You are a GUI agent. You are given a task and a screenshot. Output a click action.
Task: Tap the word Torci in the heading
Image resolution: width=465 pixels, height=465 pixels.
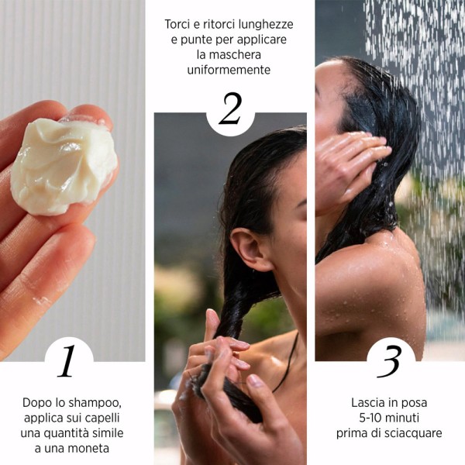pos(179,24)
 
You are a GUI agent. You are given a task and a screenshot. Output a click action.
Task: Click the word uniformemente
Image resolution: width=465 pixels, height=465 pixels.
pos(229,70)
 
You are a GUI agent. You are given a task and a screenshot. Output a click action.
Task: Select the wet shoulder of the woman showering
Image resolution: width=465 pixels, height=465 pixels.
pos(364,279)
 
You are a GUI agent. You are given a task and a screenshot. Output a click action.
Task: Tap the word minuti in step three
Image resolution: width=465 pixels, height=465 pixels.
pos(406,418)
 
